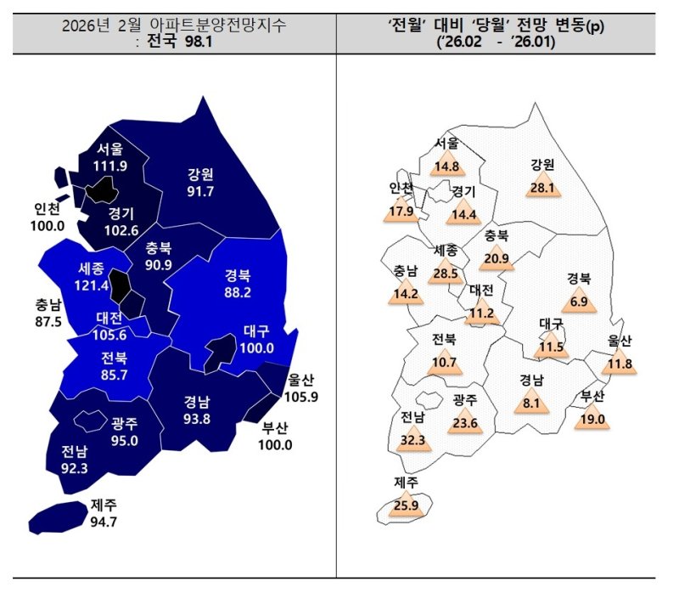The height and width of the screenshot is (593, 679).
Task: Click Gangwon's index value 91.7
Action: click(x=201, y=192)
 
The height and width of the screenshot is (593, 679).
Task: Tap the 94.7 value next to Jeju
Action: click(x=103, y=521)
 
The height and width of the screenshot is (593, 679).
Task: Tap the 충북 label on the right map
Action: click(x=497, y=237)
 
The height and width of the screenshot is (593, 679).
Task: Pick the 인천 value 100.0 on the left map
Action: click(x=48, y=225)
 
